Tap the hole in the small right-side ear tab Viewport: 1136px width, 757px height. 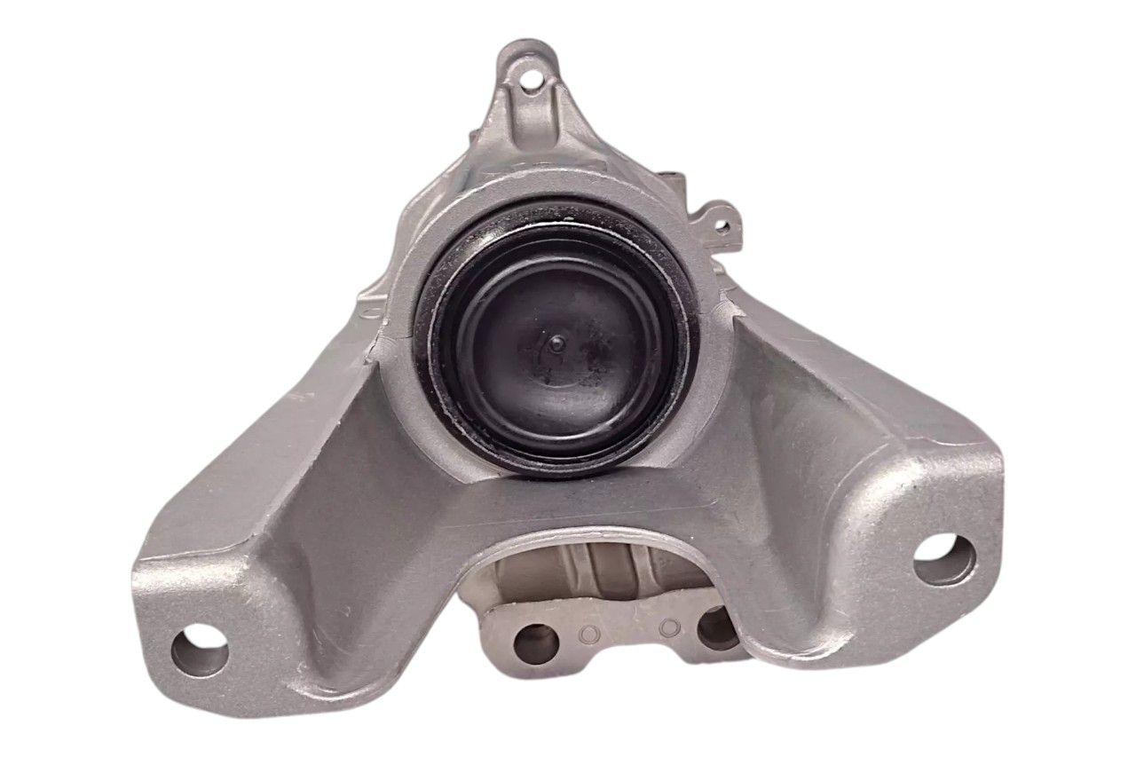[722, 226]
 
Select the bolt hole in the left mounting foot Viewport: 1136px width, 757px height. [200, 654]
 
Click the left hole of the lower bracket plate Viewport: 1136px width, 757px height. [536, 643]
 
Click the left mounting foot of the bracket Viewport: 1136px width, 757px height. [213, 621]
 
